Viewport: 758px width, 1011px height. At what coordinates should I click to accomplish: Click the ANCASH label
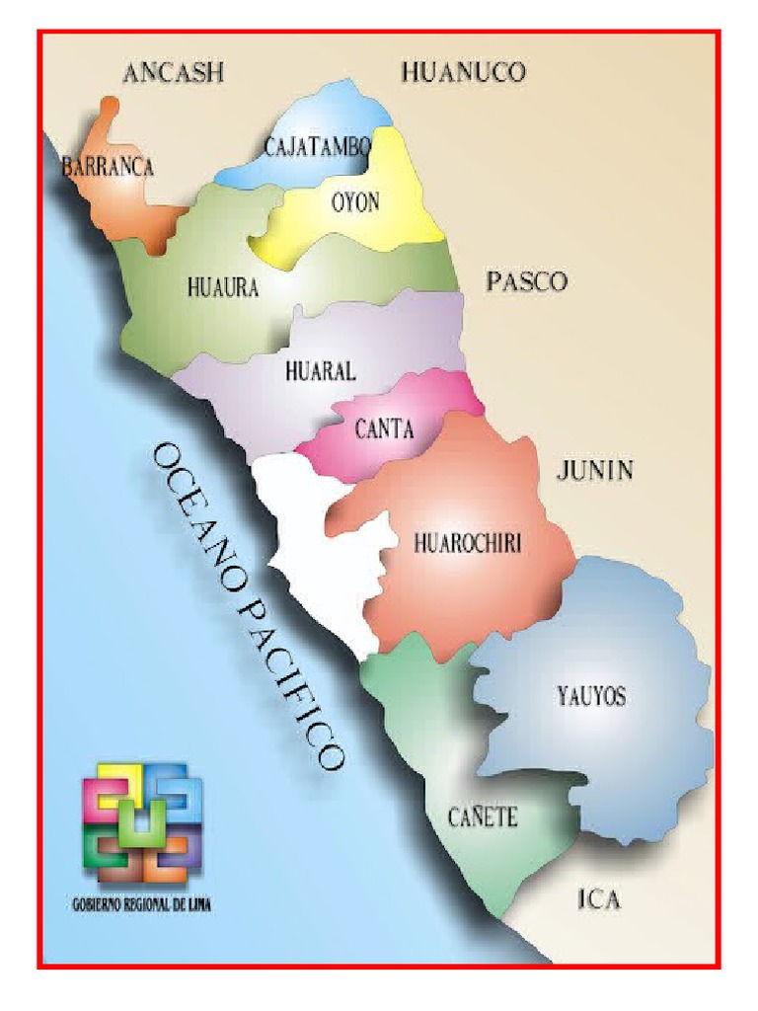click(174, 72)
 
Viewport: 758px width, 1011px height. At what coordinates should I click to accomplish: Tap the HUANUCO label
click(463, 71)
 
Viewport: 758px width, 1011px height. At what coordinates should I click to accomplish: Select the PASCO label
click(527, 282)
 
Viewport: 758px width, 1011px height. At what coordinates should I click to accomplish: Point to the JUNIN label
click(594, 470)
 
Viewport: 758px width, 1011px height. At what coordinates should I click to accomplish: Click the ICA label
click(598, 899)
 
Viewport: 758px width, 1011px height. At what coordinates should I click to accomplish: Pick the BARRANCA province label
click(108, 167)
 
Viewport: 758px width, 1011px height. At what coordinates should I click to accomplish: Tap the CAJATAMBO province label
click(318, 148)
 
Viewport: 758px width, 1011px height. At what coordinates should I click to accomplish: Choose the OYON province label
click(355, 202)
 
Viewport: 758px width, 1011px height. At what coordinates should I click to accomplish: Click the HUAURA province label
click(222, 288)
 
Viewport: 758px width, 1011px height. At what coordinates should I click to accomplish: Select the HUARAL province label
click(320, 372)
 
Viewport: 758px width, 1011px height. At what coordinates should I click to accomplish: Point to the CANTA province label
click(383, 429)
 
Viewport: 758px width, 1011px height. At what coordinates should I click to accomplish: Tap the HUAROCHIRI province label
click(468, 542)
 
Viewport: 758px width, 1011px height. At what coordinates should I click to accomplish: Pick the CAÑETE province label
click(483, 817)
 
